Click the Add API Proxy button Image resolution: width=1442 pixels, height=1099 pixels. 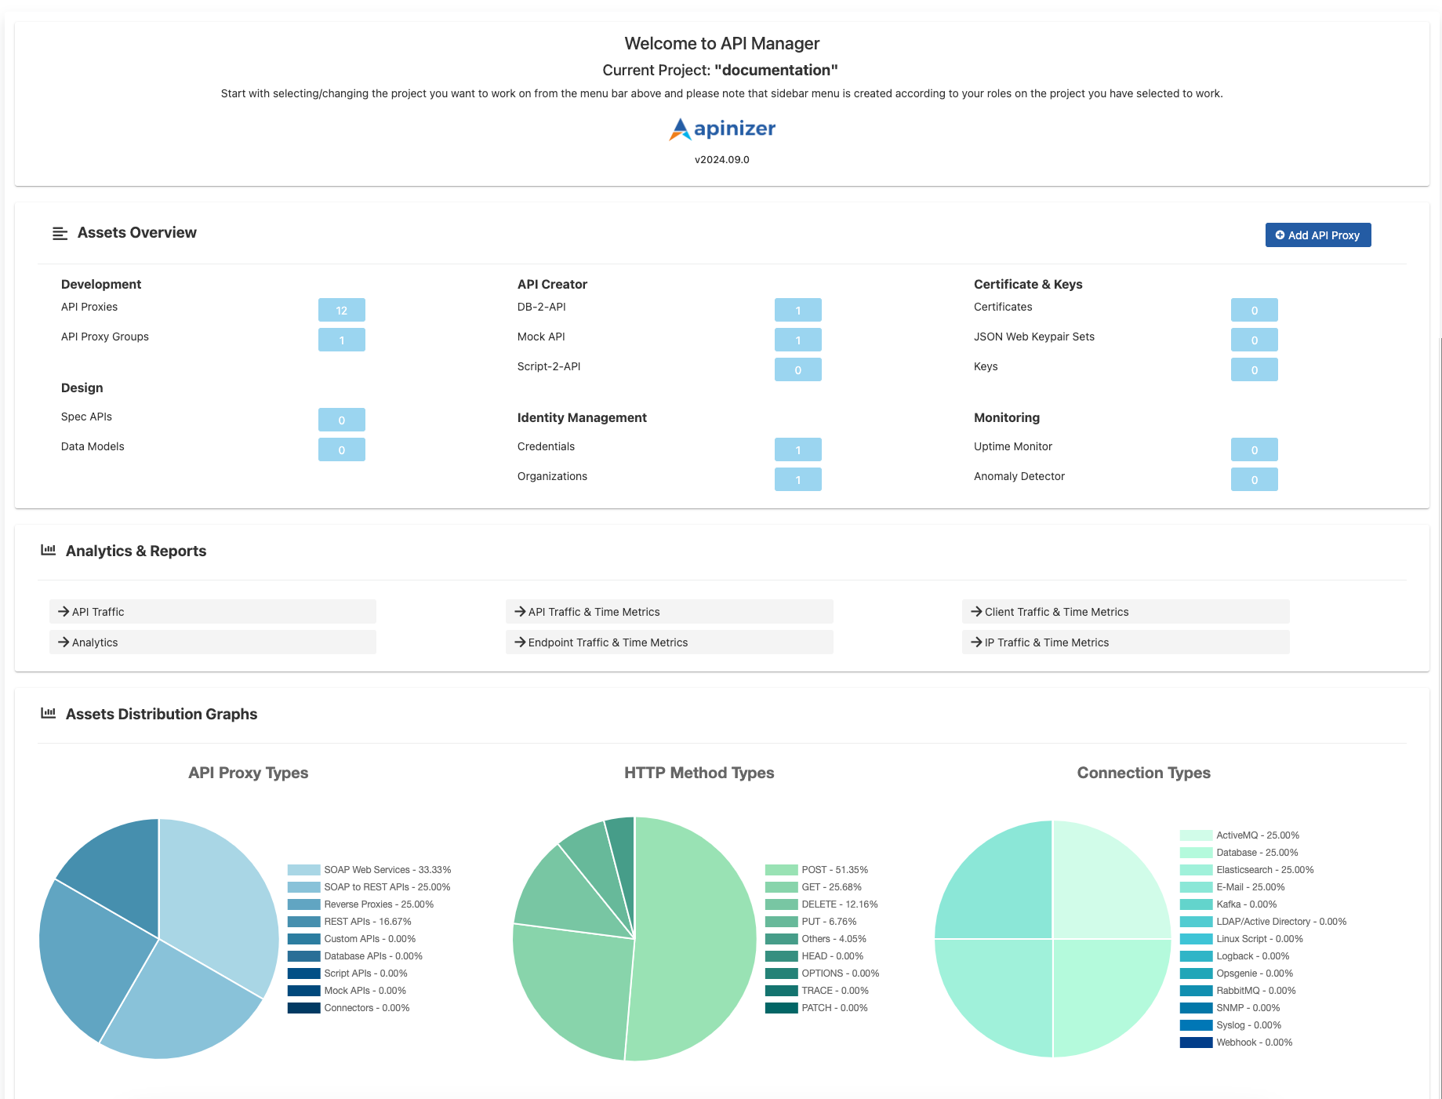pyautogui.click(x=1317, y=235)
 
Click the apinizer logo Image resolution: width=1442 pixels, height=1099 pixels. pyautogui.click(x=721, y=129)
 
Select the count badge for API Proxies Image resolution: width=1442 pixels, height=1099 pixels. pyautogui.click(x=341, y=310)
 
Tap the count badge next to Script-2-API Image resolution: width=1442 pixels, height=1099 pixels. pyautogui.click(x=797, y=369)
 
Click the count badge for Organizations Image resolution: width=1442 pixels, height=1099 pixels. pyautogui.click(x=797, y=479)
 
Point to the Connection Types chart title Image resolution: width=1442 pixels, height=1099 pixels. pyautogui.click(x=1143, y=773)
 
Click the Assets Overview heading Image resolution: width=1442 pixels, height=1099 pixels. pyautogui.click(x=136, y=233)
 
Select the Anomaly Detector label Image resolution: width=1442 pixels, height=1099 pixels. pyautogui.click(x=1019, y=476)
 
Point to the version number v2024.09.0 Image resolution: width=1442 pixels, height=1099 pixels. pyautogui.click(x=721, y=159)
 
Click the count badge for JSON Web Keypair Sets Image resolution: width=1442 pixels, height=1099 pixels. pyautogui.click(x=1254, y=340)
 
